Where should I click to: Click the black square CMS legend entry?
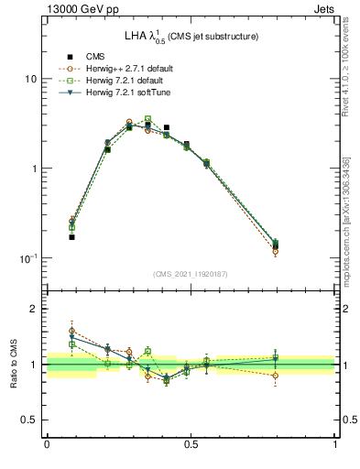click(x=69, y=57)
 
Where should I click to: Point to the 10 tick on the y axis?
click(x=30, y=79)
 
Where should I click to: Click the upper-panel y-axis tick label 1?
click(x=33, y=169)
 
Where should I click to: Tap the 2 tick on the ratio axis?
click(x=33, y=310)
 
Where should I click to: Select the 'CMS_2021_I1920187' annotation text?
click(x=191, y=274)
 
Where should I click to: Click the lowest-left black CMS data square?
click(x=72, y=237)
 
